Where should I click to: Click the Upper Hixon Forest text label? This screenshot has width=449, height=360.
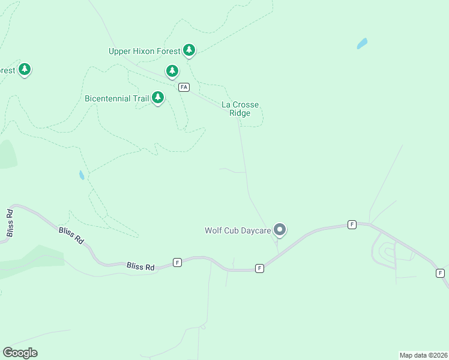144,52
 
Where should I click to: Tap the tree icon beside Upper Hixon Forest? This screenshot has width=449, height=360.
189,50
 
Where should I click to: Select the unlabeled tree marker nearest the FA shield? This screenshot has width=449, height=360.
172,71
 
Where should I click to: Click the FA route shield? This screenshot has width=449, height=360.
184,87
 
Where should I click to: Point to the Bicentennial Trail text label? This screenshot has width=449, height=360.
116,98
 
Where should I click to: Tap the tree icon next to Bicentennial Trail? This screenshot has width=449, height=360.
158,97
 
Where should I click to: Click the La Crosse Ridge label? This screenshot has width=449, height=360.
240,109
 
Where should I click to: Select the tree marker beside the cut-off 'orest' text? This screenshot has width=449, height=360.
24,70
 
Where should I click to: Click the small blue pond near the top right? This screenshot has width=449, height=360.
362,43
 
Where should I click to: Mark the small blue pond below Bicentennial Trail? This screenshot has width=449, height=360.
81,175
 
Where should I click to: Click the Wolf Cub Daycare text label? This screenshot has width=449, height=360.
238,230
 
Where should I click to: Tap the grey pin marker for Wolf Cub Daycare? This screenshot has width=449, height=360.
279,229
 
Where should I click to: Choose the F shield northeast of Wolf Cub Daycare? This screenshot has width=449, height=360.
352,224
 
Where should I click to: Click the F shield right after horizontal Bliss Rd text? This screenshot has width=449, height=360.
177,262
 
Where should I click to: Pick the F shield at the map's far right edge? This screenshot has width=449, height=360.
441,273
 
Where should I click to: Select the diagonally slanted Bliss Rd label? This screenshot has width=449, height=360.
71,235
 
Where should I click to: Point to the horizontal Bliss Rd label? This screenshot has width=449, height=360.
140,266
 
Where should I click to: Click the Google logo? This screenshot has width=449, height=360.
20,353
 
